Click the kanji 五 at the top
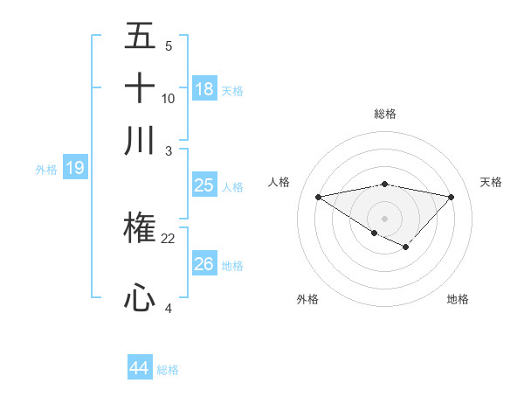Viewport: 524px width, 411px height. pos(140,37)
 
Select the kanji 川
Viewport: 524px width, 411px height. pos(140,141)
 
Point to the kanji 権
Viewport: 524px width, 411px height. pos(140,229)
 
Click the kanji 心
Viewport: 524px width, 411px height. pos(140,298)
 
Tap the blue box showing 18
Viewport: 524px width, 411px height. pos(203,89)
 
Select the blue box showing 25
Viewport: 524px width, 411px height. pos(203,185)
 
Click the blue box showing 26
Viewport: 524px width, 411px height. pos(203,264)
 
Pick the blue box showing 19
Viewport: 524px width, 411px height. pos(75,168)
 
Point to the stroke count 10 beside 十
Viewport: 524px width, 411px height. pos(169,98)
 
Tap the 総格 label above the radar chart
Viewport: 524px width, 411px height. pos(384,114)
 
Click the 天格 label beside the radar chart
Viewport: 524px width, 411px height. pos(491,182)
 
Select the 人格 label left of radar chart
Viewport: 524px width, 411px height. pos(279,182)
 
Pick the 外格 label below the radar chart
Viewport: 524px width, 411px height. pos(307,300)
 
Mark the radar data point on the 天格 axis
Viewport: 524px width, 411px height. pos(452,196)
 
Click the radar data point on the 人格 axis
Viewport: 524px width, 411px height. pos(318,196)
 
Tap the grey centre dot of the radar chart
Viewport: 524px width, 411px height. pos(384,218)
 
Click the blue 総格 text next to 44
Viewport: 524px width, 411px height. pos(168,370)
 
